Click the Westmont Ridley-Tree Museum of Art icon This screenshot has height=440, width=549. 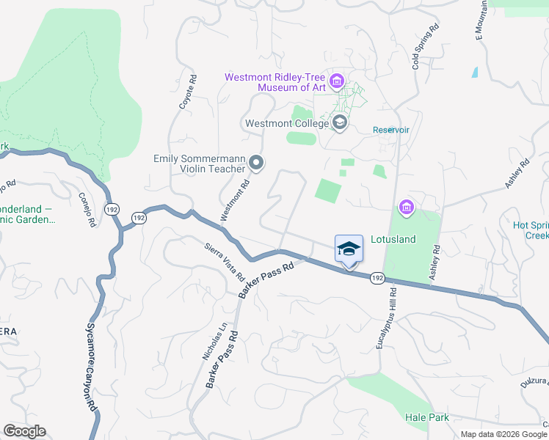tap(337, 81)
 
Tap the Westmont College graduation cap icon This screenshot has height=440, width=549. tap(339, 122)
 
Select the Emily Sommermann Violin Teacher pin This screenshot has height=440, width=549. tap(255, 163)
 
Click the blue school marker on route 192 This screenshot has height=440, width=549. tap(349, 249)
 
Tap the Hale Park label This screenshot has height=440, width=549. tap(426, 417)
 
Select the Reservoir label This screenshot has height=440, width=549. tap(390, 130)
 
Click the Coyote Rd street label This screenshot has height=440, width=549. tap(188, 92)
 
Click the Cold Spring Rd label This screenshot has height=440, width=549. tap(426, 46)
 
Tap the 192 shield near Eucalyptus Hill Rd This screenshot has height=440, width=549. tap(377, 278)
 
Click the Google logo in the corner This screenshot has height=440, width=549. tap(25, 431)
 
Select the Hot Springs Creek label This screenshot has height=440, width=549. tap(526, 230)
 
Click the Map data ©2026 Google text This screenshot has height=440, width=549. tap(503, 434)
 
